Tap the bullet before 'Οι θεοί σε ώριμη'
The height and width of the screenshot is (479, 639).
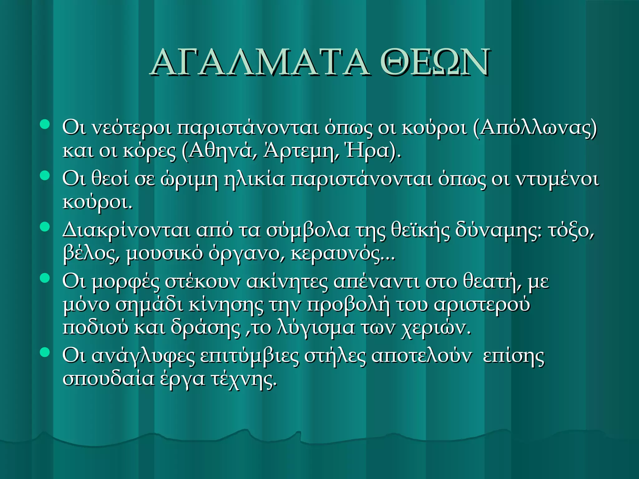coord(45,176)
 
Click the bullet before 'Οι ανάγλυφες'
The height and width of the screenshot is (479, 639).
coord(45,352)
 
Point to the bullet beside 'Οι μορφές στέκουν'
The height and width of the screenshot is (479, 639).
coord(45,278)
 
